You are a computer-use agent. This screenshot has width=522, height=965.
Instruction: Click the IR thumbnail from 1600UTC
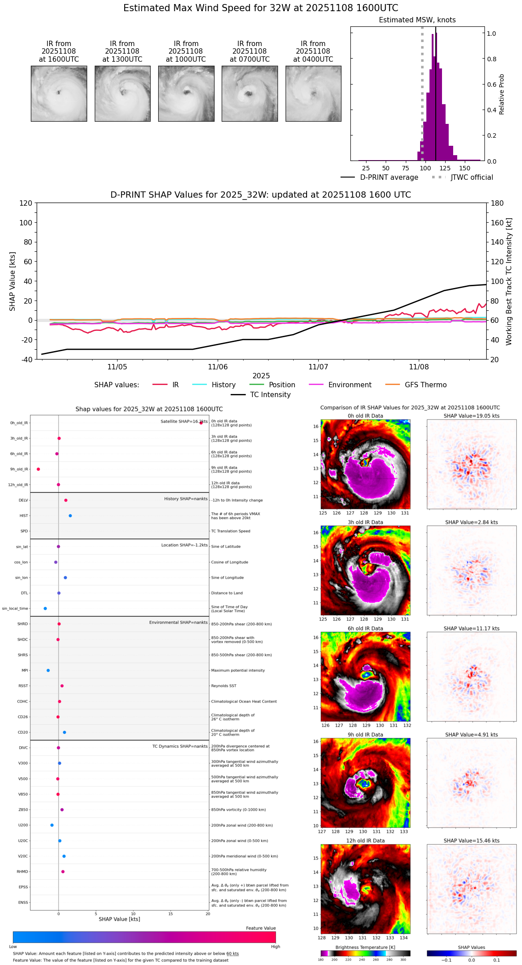tap(59, 93)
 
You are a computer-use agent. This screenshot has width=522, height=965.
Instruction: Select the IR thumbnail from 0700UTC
tap(249, 93)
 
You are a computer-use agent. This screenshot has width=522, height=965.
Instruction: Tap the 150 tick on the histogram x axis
tap(465, 168)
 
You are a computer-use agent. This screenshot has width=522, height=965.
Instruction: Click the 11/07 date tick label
tap(318, 367)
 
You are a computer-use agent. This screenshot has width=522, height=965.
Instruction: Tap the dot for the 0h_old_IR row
tap(201, 423)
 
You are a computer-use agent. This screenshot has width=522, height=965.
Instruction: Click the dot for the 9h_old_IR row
tap(38, 469)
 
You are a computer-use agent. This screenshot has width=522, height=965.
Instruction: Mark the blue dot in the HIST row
tap(70, 516)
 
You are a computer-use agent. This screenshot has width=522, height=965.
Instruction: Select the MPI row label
tap(25, 670)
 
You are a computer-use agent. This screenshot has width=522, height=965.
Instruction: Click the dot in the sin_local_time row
tap(45, 609)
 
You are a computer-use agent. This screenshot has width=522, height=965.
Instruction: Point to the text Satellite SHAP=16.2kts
tap(184, 421)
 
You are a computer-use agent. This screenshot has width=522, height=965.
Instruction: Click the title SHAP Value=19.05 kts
tap(471, 416)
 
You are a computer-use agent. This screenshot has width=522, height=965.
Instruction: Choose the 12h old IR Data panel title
tap(365, 841)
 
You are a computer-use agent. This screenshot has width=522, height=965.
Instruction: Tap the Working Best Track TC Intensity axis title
tap(509, 282)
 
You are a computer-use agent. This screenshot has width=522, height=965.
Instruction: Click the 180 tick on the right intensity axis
tap(497, 203)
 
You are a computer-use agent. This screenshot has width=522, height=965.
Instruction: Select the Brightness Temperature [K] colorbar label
tap(365, 947)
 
